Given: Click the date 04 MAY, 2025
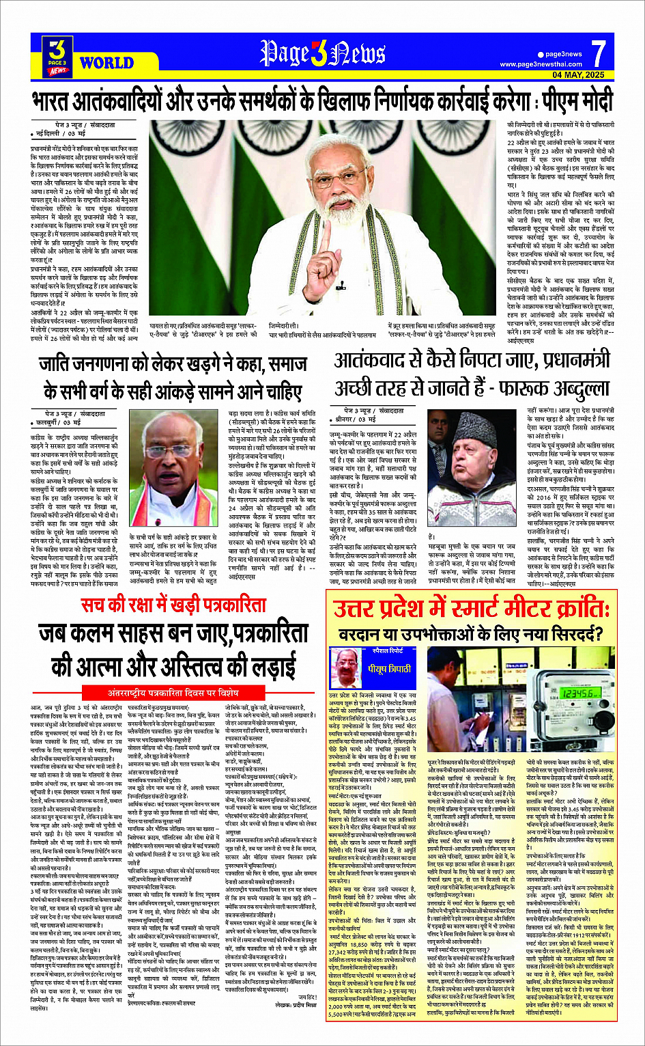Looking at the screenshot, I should coord(578,74).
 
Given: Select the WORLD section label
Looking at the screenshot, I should coord(106,63).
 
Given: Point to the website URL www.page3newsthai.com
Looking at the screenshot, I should coord(542,64).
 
